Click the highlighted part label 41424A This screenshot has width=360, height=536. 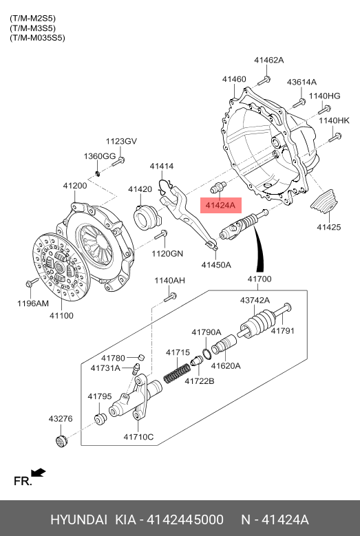(220, 206)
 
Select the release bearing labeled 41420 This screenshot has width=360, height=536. (146, 217)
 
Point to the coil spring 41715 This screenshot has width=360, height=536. (177, 374)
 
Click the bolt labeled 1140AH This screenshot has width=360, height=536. (170, 297)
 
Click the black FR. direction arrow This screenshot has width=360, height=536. (39, 473)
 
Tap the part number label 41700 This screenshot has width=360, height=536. (260, 279)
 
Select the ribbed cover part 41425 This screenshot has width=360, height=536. (324, 202)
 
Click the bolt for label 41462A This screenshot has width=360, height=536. (264, 81)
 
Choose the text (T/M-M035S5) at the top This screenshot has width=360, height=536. (37, 38)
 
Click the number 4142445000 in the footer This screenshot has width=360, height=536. (185, 519)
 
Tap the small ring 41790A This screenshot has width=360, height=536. (206, 354)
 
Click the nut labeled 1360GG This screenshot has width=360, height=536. (97, 173)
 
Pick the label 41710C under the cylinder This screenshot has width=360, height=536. (138, 437)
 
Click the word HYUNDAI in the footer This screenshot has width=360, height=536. (78, 519)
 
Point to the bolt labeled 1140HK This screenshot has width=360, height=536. (335, 138)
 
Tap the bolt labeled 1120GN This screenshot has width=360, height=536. (160, 235)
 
